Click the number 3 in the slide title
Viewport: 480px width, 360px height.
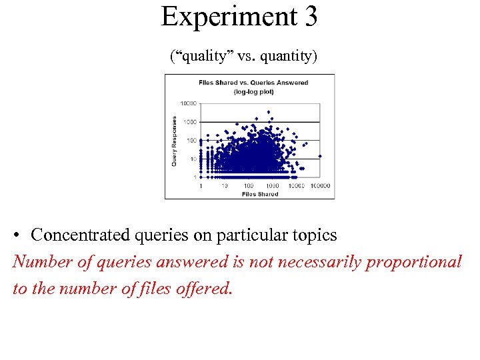pos(310,17)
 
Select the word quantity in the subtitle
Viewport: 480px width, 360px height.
pos(285,57)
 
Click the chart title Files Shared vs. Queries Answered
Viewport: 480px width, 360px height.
pos(253,83)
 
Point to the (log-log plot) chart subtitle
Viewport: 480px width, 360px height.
pos(253,91)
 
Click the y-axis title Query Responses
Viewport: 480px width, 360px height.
pos(175,141)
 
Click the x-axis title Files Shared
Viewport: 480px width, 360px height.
pos(260,194)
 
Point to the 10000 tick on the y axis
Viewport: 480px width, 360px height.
pos(189,103)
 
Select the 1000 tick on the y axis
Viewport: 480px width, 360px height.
pos(190,122)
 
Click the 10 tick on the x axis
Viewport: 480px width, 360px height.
pos(225,186)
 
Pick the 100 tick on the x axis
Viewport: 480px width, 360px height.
pos(249,186)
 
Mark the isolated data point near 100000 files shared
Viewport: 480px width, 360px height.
pos(320,156)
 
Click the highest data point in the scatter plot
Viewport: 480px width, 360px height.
pos(269,112)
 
